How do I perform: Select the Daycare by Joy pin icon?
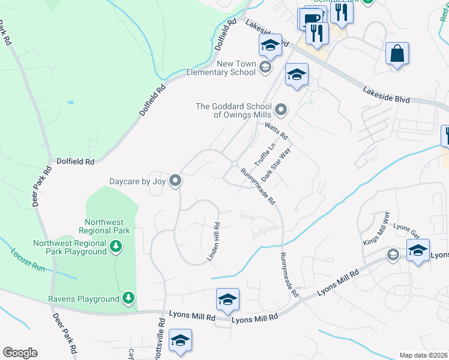point(175,180)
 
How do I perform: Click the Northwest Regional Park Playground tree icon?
point(116,245)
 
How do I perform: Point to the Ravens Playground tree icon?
point(128,298)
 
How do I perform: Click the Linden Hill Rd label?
point(214,242)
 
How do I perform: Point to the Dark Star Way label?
point(276,161)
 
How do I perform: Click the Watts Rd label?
point(277,130)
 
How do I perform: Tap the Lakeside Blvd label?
point(386,94)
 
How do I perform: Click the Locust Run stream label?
point(28,260)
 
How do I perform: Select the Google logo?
point(20,353)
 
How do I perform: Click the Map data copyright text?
point(423,355)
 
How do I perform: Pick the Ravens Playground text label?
point(84,299)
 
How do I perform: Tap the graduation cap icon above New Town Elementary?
point(270,45)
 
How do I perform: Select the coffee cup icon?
point(312,17)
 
